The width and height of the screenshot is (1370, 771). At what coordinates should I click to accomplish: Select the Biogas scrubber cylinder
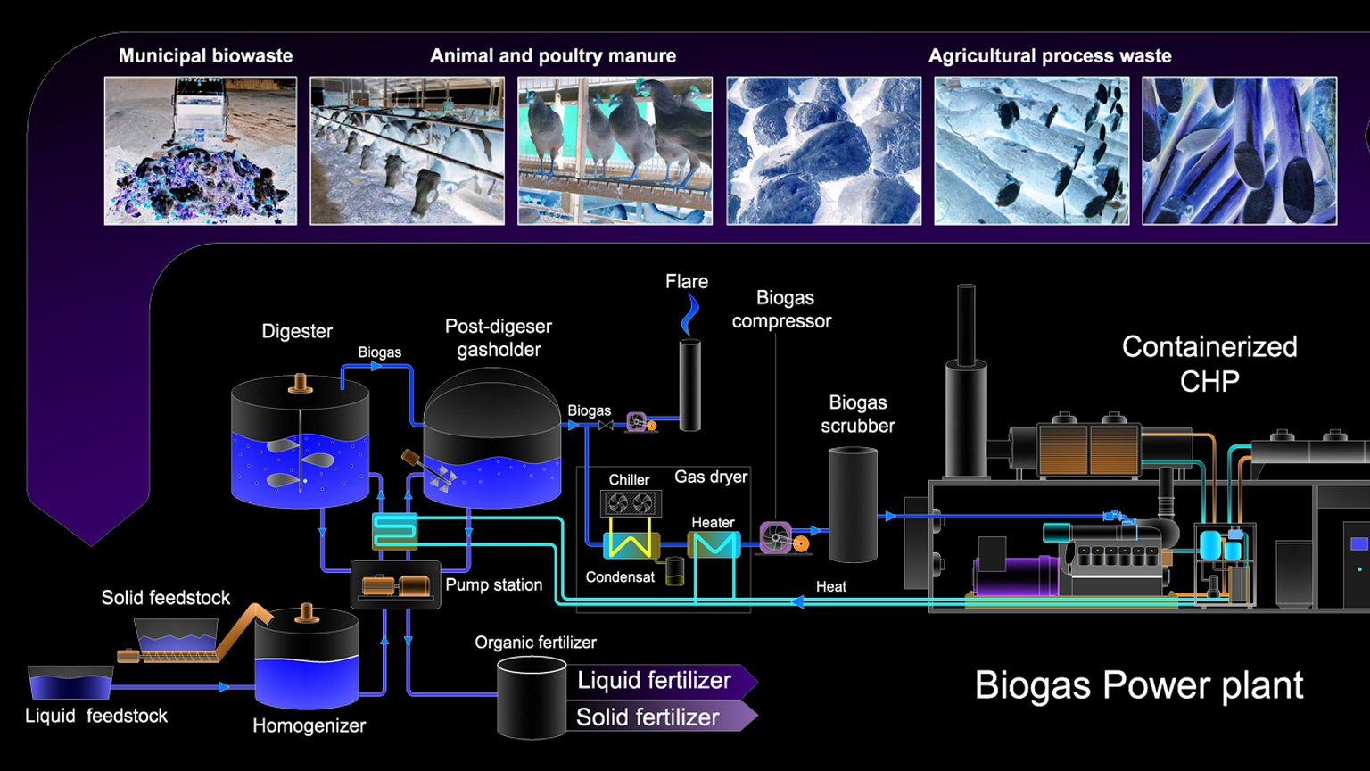pos(853,505)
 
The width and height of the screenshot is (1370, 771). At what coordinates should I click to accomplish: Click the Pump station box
pos(395,585)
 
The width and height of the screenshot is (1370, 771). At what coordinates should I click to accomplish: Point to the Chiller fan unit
pos(631,504)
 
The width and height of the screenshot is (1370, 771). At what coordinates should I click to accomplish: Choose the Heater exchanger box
pos(714,544)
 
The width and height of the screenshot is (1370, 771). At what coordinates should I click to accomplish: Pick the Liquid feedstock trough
pos(70,683)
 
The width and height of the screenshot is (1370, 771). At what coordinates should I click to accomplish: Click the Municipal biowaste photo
pos(201,150)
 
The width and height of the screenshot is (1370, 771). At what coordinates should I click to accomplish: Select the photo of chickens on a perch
pos(615,150)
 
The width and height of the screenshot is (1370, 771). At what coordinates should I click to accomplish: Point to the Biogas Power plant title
pos(1138,685)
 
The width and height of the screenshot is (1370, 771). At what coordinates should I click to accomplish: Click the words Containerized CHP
pos(1209,363)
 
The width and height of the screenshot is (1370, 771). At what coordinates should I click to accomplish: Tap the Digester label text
pos(297,331)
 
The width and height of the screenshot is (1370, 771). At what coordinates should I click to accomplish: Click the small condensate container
pos(675,571)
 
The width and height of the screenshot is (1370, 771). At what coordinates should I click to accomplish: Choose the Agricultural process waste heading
pos(1050,55)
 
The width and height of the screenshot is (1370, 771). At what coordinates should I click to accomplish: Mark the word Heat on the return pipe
pos(830,586)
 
